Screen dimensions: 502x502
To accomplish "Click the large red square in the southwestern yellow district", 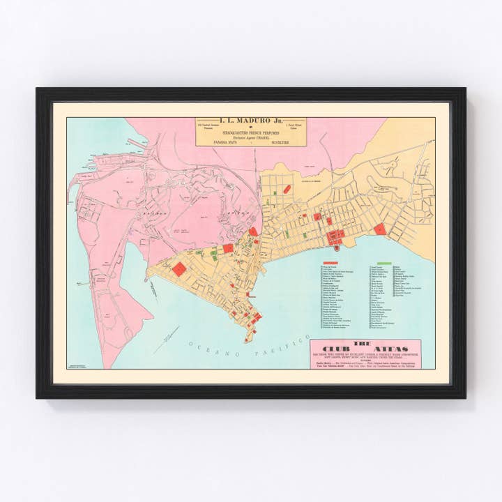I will [179, 269].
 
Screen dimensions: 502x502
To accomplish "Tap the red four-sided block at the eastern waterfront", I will [379, 229].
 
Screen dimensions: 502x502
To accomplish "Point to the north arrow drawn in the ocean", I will [166, 340].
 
